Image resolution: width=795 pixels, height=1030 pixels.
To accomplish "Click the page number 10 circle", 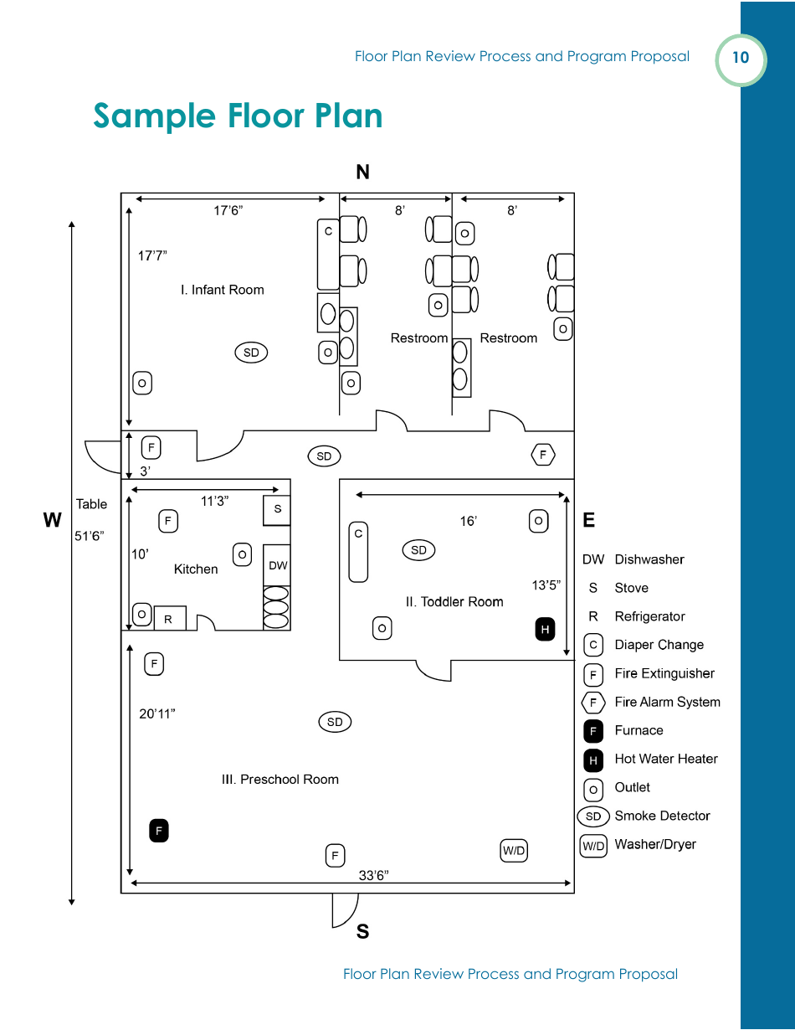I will point(741,59).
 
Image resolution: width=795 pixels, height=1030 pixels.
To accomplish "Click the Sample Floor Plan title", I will point(238,116).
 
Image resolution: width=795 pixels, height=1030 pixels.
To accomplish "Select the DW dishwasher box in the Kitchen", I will point(277,565).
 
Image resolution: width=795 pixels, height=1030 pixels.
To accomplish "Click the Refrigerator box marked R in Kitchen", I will point(169,619).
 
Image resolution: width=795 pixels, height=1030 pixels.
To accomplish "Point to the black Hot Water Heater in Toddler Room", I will point(545,629).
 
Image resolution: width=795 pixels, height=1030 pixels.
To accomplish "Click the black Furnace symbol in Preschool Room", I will point(159,831).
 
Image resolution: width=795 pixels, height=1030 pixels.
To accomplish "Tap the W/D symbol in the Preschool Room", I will point(514,851).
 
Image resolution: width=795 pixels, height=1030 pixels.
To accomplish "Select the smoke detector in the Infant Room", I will point(251,353).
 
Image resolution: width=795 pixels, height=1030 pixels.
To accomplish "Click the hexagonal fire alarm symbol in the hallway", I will point(543,455).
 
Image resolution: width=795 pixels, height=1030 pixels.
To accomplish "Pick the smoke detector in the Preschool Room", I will point(335,722).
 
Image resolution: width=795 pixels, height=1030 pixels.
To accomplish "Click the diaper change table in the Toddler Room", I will point(358,553).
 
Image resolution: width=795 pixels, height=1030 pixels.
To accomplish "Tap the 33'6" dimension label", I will point(373,875).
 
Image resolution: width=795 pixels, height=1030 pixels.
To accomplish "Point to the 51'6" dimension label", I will point(88,537).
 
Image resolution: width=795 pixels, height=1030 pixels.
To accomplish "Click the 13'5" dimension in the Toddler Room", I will point(546,585).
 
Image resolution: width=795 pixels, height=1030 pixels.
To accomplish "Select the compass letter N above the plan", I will point(362,173).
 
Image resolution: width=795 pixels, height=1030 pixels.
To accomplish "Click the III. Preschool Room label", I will point(280,779).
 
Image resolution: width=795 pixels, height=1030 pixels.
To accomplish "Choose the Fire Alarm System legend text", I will point(667,702).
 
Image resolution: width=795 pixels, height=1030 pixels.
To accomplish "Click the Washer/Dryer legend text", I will point(655,844).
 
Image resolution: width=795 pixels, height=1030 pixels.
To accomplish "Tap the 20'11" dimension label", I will point(157,713).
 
